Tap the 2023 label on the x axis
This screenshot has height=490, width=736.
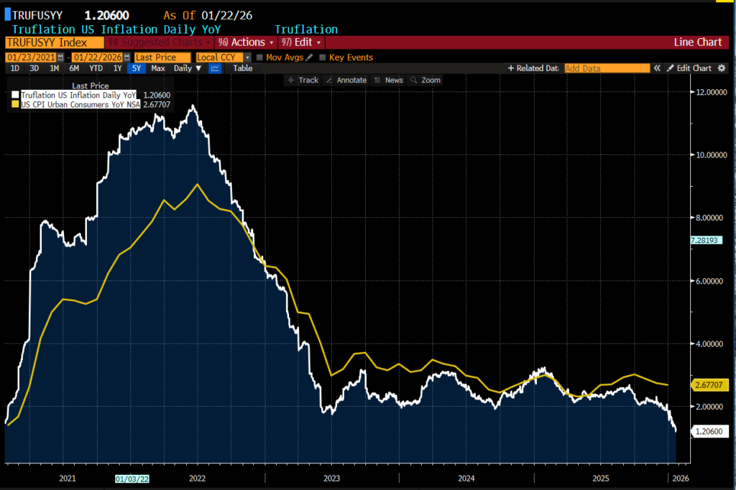point(331,478)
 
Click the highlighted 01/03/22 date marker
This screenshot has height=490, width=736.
point(132,478)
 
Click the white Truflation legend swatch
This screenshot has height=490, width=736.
point(15,95)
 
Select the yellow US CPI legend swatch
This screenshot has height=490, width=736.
point(15,104)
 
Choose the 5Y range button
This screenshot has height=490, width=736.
point(136,68)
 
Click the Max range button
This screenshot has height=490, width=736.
point(158,68)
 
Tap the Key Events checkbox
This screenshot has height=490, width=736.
point(323,57)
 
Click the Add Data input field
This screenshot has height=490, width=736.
point(607,68)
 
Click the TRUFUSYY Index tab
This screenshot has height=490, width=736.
point(47,42)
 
